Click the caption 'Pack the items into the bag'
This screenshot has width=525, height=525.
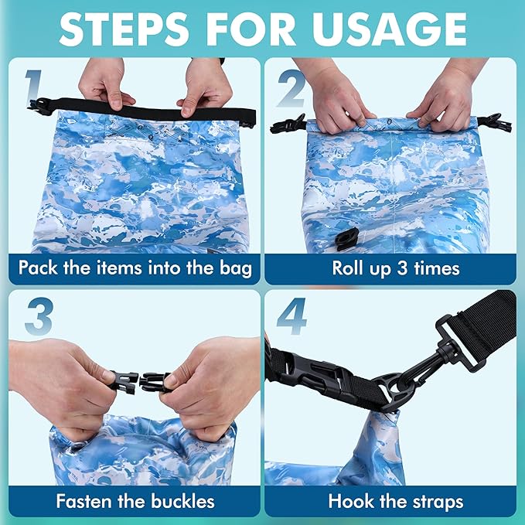coord(135,268)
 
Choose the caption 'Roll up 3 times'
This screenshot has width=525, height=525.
coord(395,268)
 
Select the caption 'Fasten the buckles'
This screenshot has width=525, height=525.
coord(135,500)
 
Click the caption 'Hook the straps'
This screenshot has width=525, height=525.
coord(395,500)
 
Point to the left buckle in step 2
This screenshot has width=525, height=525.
coord(288,124)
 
